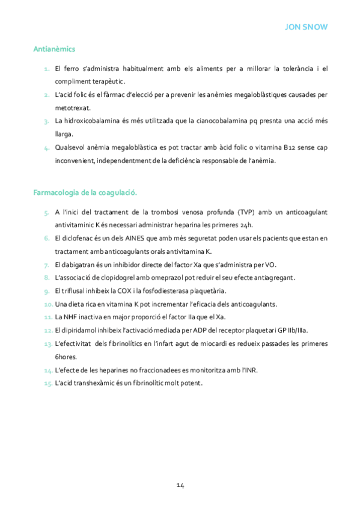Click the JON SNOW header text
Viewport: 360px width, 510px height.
tap(306, 27)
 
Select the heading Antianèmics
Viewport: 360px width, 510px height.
tap(54, 49)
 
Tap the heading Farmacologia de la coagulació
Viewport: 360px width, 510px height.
tap(85, 192)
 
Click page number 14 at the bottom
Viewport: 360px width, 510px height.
tap(180, 485)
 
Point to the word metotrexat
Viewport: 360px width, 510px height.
tap(72, 108)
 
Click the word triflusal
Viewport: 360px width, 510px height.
tap(73, 290)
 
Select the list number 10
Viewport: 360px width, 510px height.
tap(48, 304)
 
